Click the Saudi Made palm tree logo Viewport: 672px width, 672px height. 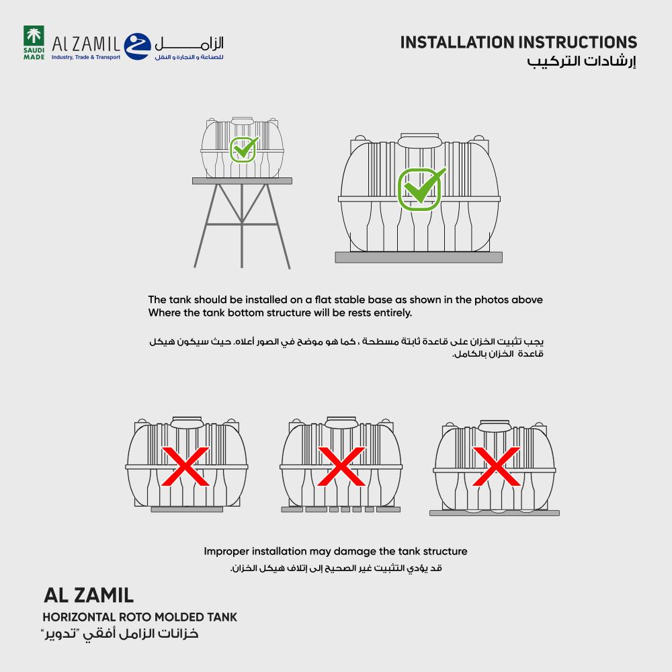coord(34,39)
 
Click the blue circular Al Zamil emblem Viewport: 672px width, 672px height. coord(138,45)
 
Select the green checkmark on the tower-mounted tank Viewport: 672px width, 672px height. coord(243,149)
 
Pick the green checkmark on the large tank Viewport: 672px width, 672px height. coord(421,188)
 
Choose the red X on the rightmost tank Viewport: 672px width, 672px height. coord(496,466)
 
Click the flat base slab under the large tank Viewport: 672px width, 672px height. coord(419,257)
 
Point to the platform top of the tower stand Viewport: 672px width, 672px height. coord(242,181)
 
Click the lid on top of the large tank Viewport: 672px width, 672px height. coord(419,142)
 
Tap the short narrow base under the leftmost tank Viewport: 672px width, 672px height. coord(187,510)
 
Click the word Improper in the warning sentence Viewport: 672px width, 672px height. coord(227,552)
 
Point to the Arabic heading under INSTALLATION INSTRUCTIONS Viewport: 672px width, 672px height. coord(581,62)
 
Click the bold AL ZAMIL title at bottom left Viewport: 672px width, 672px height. coord(89,595)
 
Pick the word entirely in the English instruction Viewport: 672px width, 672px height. coord(390,313)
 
